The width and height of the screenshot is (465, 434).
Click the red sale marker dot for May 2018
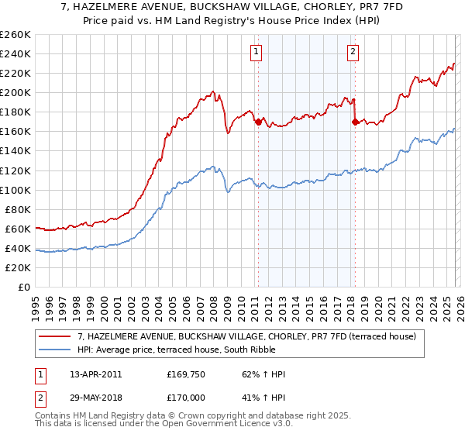tap(355, 122)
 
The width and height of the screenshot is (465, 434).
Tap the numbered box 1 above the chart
tap(256, 52)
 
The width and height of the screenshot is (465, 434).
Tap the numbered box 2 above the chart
tap(353, 52)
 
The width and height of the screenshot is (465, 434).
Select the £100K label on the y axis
tap(16, 190)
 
